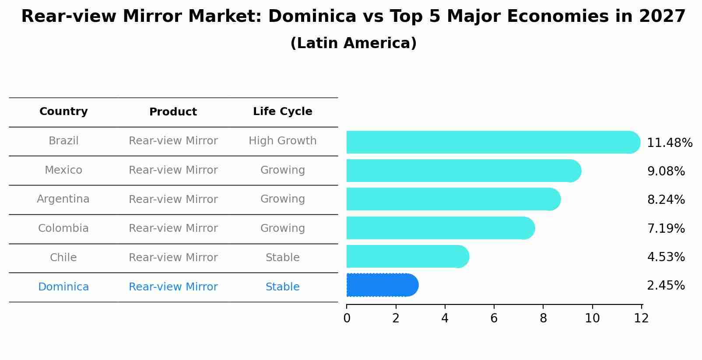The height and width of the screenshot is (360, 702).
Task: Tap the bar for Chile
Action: click(x=407, y=256)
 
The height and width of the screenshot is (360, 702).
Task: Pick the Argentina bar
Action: click(x=453, y=199)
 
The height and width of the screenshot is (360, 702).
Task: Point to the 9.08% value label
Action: click(x=666, y=171)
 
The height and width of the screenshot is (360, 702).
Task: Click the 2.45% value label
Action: click(x=666, y=286)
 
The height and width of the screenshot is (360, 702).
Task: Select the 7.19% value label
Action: click(x=666, y=228)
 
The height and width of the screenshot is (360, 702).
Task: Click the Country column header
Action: click(x=63, y=112)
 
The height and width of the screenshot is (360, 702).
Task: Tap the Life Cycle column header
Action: click(x=282, y=112)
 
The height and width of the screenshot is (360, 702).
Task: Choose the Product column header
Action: click(x=173, y=112)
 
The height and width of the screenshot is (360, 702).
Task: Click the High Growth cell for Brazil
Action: click(x=282, y=141)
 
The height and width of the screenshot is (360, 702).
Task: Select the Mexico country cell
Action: click(x=63, y=170)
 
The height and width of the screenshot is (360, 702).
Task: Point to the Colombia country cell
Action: click(x=63, y=228)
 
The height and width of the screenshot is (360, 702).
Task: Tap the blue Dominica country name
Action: click(x=63, y=287)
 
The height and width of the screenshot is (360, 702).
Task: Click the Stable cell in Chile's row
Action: click(x=282, y=258)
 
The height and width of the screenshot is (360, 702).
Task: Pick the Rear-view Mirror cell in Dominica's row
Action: click(x=173, y=287)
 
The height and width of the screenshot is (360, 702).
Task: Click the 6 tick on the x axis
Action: click(x=494, y=318)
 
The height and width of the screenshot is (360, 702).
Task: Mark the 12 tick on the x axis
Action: click(x=641, y=318)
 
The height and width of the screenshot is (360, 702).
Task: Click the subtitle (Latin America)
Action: click(x=353, y=43)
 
